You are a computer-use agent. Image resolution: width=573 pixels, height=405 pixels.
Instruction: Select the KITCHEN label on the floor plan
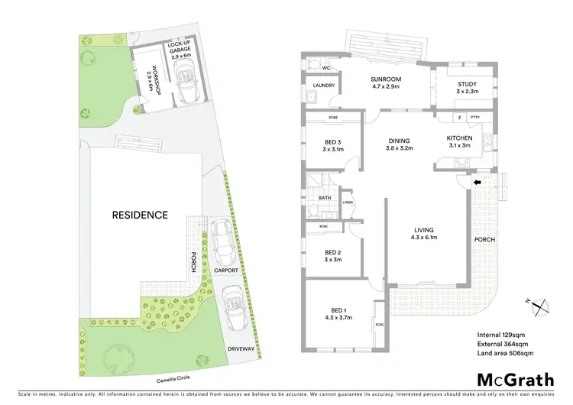[460, 138]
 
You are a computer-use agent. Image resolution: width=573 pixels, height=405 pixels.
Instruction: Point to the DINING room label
[399, 141]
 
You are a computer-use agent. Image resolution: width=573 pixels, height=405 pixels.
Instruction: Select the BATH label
[324, 197]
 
